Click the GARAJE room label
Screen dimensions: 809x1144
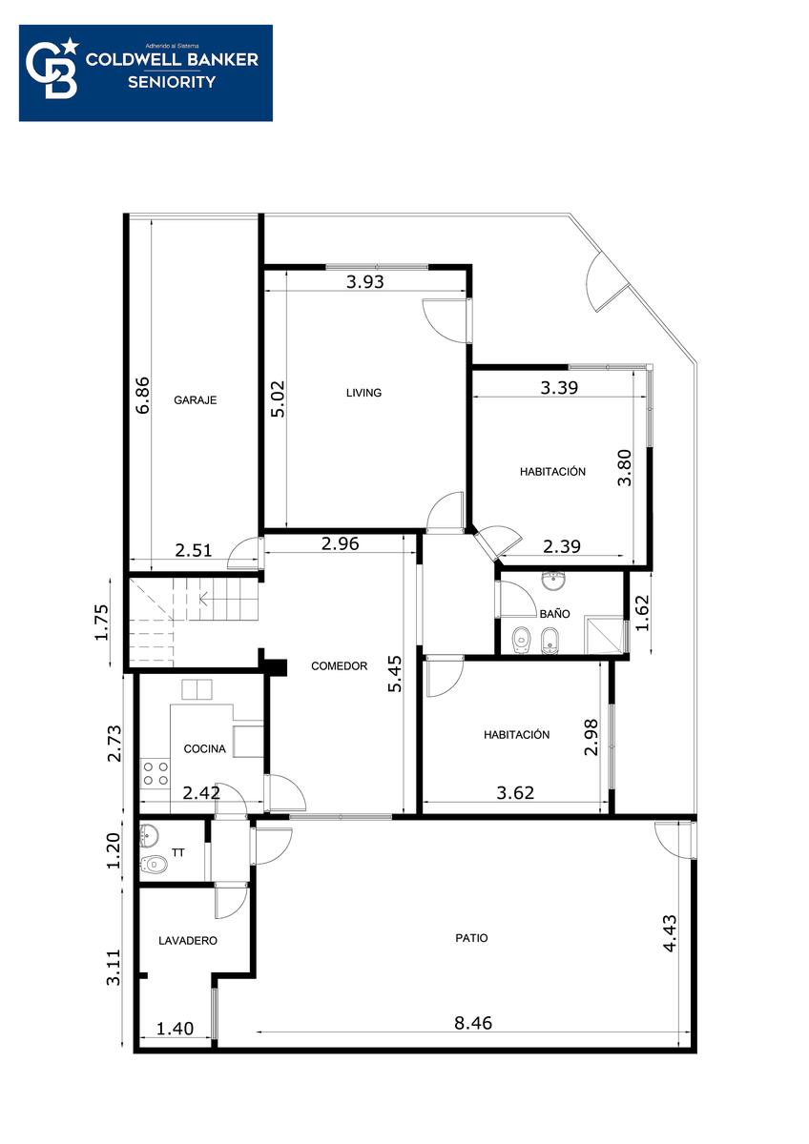tap(196, 399)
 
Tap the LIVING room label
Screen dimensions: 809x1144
tap(363, 393)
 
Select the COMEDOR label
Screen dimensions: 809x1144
tap(340, 666)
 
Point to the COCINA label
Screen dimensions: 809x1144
tap(204, 748)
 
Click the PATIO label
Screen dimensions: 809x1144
tap(471, 938)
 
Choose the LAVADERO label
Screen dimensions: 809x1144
tap(188, 940)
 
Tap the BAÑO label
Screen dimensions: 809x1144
tap(554, 613)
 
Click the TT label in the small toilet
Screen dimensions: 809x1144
tap(178, 852)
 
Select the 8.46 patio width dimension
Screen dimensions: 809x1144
tap(473, 1023)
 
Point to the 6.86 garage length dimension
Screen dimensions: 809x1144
tap(144, 395)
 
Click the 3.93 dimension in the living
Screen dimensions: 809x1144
tap(364, 281)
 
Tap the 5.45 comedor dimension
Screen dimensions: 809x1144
tap(395, 674)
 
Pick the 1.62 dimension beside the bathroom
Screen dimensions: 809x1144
tap(641, 613)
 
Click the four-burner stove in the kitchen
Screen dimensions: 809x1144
tap(156, 773)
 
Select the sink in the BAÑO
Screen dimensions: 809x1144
tap(553, 582)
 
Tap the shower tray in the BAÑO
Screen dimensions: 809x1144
tap(605, 635)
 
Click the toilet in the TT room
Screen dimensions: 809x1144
tap(154, 864)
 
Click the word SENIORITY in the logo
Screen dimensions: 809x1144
tap(172, 82)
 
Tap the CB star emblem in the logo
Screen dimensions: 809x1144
tap(53, 69)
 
